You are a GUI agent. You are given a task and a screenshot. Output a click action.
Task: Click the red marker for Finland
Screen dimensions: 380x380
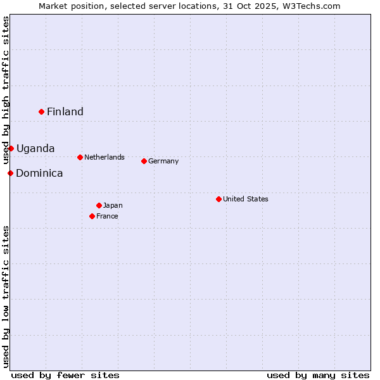(42, 111)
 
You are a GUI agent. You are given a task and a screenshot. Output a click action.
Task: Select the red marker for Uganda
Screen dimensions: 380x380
(11, 148)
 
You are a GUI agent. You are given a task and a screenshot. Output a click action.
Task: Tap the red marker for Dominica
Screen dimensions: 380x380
(10, 173)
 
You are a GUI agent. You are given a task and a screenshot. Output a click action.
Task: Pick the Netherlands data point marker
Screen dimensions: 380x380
(80, 157)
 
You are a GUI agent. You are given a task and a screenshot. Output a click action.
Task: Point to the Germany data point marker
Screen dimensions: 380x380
(144, 161)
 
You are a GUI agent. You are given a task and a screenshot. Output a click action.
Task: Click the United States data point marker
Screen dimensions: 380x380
(218, 199)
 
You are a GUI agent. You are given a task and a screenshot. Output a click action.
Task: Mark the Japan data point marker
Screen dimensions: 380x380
(99, 205)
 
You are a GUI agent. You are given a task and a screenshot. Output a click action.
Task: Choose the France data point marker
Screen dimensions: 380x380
(92, 216)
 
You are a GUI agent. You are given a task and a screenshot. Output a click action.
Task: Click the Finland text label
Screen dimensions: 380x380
(65, 112)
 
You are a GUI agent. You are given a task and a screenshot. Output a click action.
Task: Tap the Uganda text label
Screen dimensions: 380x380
(35, 149)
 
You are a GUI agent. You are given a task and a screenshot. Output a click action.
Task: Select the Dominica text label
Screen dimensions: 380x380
(39, 174)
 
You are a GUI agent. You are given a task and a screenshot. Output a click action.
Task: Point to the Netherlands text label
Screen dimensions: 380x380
(104, 157)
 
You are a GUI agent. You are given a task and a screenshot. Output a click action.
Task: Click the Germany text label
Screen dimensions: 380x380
(163, 161)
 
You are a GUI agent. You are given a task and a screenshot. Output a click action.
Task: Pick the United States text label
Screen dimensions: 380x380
(246, 199)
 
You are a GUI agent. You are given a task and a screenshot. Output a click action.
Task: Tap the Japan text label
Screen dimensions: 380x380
(113, 205)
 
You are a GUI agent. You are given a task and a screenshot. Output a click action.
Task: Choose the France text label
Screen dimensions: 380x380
(108, 216)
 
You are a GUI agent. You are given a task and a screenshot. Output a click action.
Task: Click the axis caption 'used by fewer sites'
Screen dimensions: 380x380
(65, 375)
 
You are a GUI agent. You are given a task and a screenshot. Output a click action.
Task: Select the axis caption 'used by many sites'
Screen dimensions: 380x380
(318, 375)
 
